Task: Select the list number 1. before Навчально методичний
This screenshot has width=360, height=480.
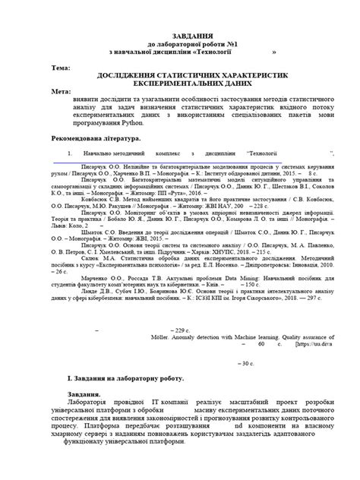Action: pos(69,153)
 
